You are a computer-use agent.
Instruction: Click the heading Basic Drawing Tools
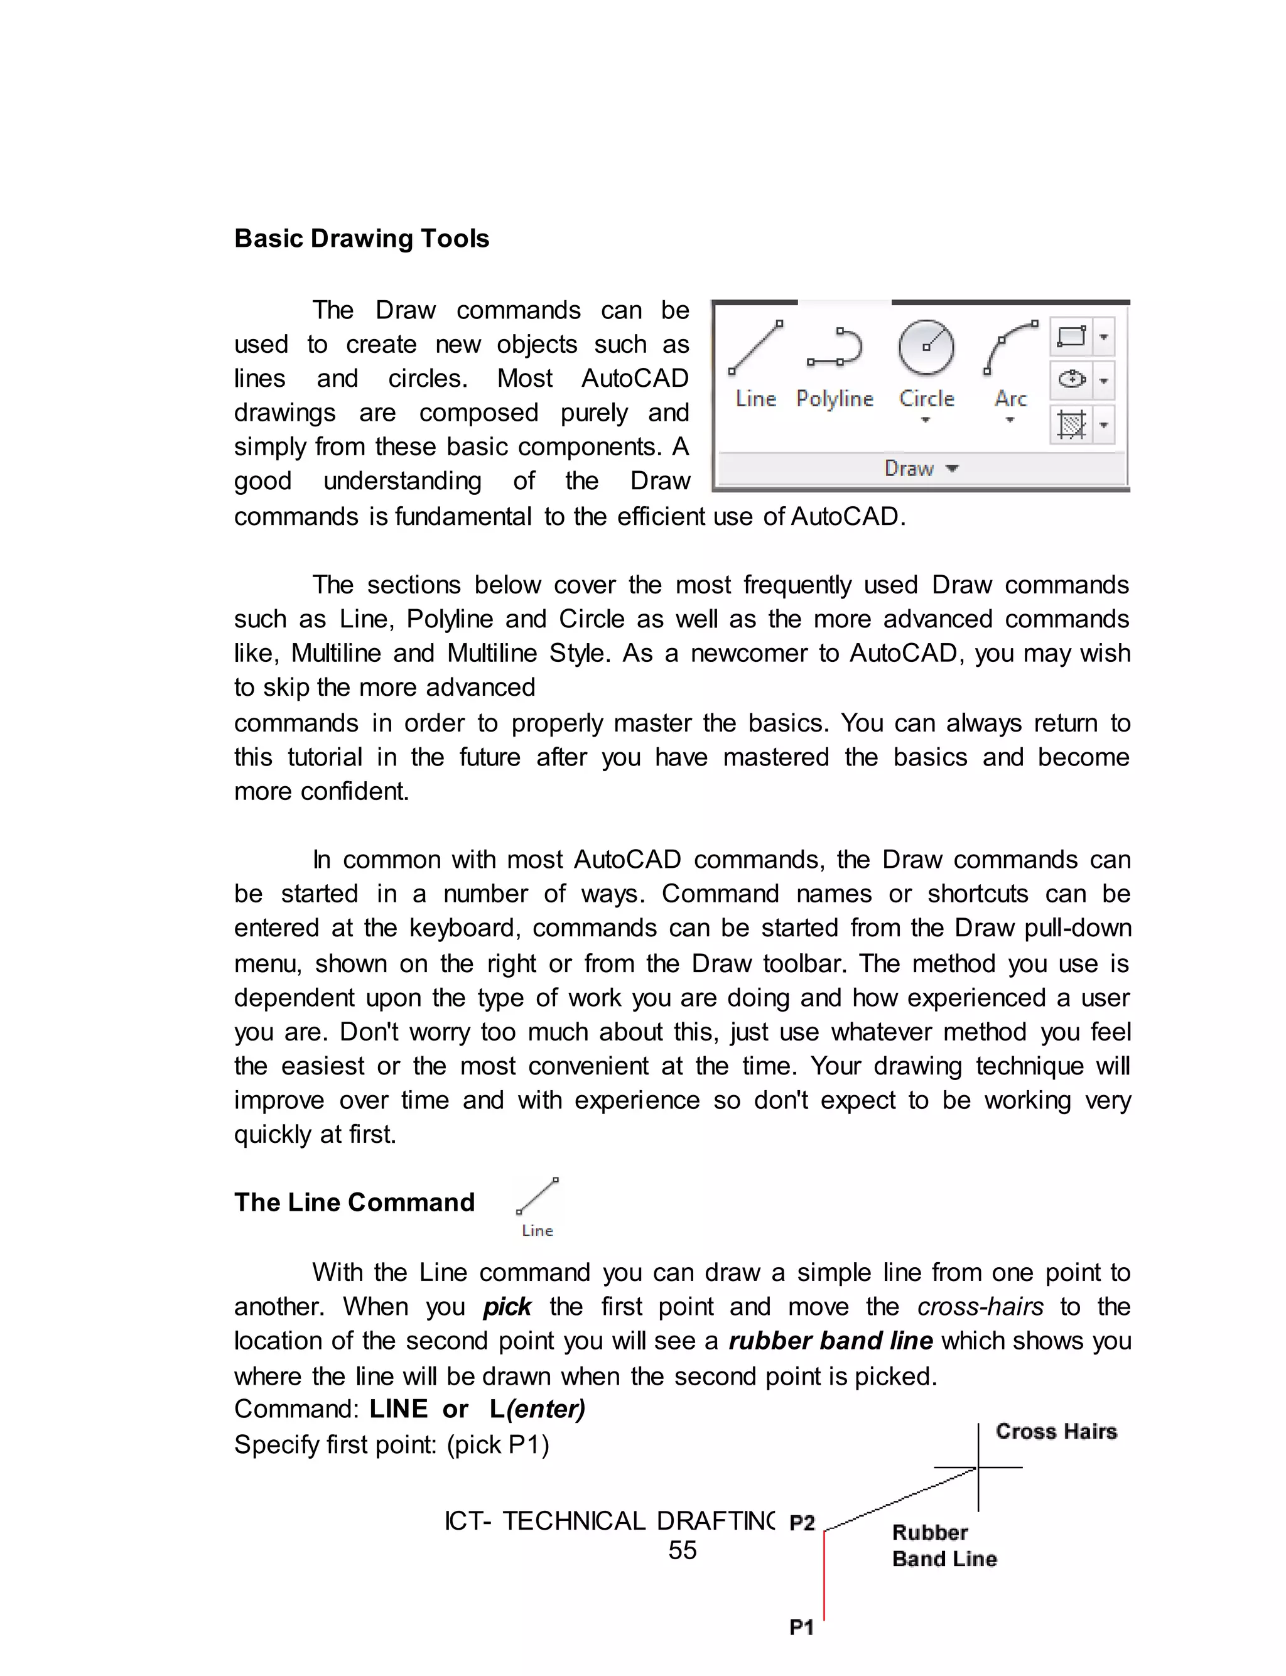(x=361, y=239)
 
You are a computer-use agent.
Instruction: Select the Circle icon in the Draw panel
(x=926, y=349)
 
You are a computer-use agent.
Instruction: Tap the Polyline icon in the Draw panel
(x=835, y=349)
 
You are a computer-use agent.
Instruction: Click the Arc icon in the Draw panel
(x=1010, y=349)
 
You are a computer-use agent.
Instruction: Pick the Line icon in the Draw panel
(x=755, y=349)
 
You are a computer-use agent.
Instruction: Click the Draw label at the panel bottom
(x=909, y=468)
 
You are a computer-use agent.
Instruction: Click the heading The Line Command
(x=354, y=1203)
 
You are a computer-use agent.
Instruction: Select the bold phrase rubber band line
(x=831, y=1341)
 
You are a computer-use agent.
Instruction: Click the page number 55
(x=682, y=1550)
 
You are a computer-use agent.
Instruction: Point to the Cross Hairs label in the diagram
(x=1056, y=1432)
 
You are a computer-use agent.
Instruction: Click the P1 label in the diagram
(x=801, y=1627)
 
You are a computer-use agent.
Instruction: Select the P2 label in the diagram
(x=801, y=1523)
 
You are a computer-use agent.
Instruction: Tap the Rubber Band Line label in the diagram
(x=943, y=1546)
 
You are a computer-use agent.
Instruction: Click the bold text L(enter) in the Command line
(x=538, y=1410)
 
